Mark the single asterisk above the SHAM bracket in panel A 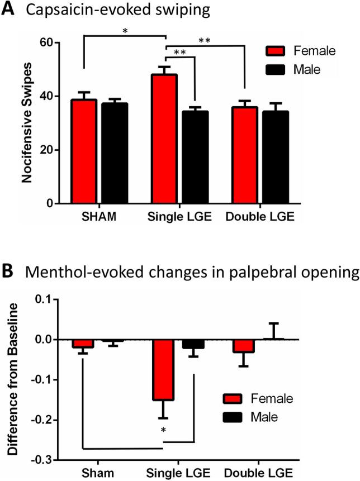(125, 30)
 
